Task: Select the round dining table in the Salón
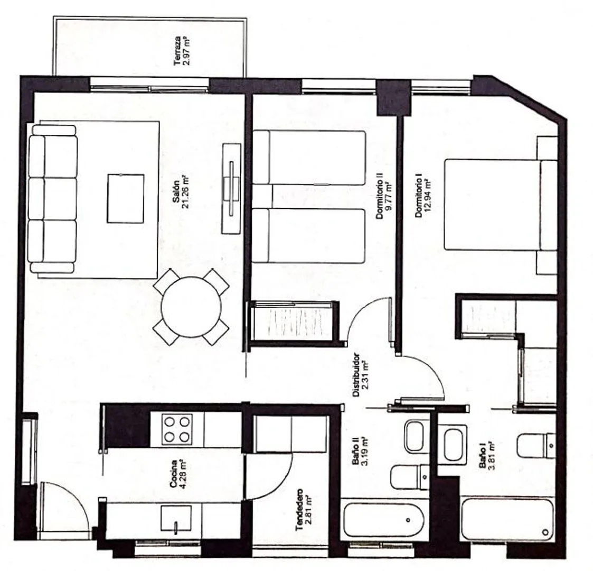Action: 191,307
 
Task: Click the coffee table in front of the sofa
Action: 126,198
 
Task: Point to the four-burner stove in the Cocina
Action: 177,429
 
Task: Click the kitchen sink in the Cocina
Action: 176,519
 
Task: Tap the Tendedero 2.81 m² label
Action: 303,510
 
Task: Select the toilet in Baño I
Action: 536,446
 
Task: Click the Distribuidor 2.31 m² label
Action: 361,375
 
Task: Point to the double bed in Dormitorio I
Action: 501,205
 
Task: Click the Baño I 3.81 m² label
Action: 486,456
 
